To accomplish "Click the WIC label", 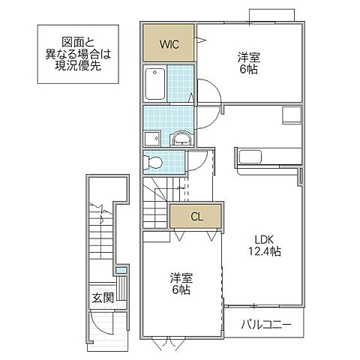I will point(169,43).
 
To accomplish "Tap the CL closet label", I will point(196,217).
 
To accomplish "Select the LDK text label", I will point(263,240).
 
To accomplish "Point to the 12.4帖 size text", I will point(266,253).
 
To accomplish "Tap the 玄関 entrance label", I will point(103,298).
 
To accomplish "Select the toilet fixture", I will point(153,161).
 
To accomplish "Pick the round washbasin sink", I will point(181,139).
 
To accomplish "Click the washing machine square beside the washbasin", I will point(151,139).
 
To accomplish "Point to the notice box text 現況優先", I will point(79,67).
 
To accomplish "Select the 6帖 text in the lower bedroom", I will point(180,289).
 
